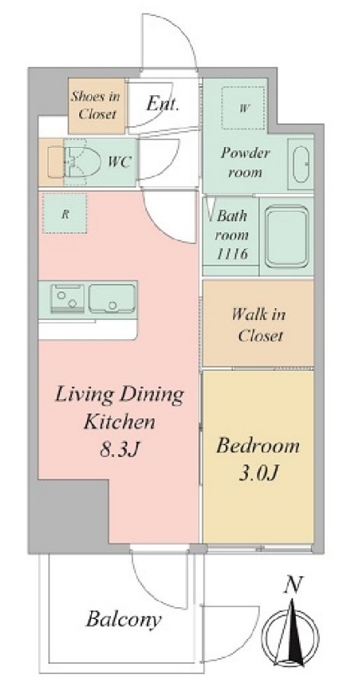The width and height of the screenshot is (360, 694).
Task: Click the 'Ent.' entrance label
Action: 163,104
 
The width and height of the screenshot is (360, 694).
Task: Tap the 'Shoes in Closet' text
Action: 96,105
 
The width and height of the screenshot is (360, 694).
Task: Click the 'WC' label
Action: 120,162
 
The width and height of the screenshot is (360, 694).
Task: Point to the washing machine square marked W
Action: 243,108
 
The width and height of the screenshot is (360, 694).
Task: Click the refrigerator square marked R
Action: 64,213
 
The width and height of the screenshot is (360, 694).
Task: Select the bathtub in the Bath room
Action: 286,236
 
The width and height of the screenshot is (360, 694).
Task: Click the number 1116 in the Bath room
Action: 231,254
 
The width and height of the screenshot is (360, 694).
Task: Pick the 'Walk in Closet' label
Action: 260,325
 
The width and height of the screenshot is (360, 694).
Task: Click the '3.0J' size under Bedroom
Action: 258,474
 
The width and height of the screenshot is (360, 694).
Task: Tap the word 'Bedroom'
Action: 258,446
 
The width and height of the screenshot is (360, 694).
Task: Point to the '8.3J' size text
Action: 119,450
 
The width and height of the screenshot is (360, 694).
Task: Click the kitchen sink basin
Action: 112,299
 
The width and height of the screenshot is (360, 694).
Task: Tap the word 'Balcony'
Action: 123,619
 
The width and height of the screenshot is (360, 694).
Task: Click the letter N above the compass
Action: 292,585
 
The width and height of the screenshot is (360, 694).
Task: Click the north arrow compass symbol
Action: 291,636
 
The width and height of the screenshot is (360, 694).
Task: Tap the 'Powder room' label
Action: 245,162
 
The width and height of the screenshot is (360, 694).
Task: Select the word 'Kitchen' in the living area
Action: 119,422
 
